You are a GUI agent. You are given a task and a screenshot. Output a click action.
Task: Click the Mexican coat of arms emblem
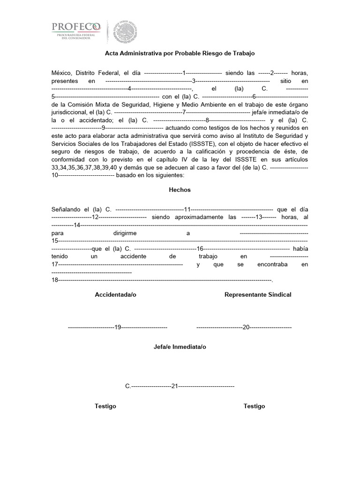point(124,31)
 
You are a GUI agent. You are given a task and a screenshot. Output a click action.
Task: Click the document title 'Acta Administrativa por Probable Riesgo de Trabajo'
point(180,53)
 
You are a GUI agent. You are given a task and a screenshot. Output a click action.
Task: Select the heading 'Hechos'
point(180,190)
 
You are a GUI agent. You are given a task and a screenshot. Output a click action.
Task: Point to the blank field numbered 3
point(193,81)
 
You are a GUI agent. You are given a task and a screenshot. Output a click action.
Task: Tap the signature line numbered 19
point(118,327)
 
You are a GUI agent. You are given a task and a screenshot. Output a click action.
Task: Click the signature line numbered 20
point(244,327)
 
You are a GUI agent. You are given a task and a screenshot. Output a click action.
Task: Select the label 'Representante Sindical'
point(258,294)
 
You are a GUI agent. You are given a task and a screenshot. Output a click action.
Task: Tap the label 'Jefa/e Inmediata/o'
point(180,347)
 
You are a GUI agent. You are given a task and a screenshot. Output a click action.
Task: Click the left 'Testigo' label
point(105,406)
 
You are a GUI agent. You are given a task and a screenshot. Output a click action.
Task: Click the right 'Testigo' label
point(254,406)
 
